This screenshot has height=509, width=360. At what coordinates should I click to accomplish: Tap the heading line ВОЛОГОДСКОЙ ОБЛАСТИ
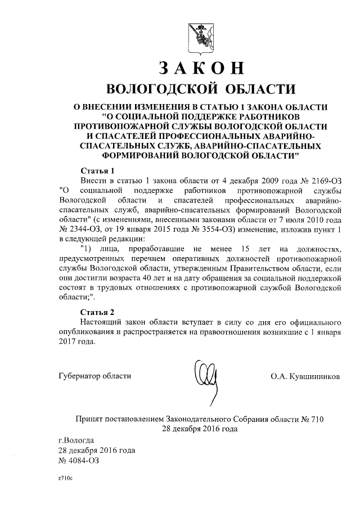coord(201,89)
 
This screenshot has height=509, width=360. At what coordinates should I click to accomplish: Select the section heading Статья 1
coord(98,170)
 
